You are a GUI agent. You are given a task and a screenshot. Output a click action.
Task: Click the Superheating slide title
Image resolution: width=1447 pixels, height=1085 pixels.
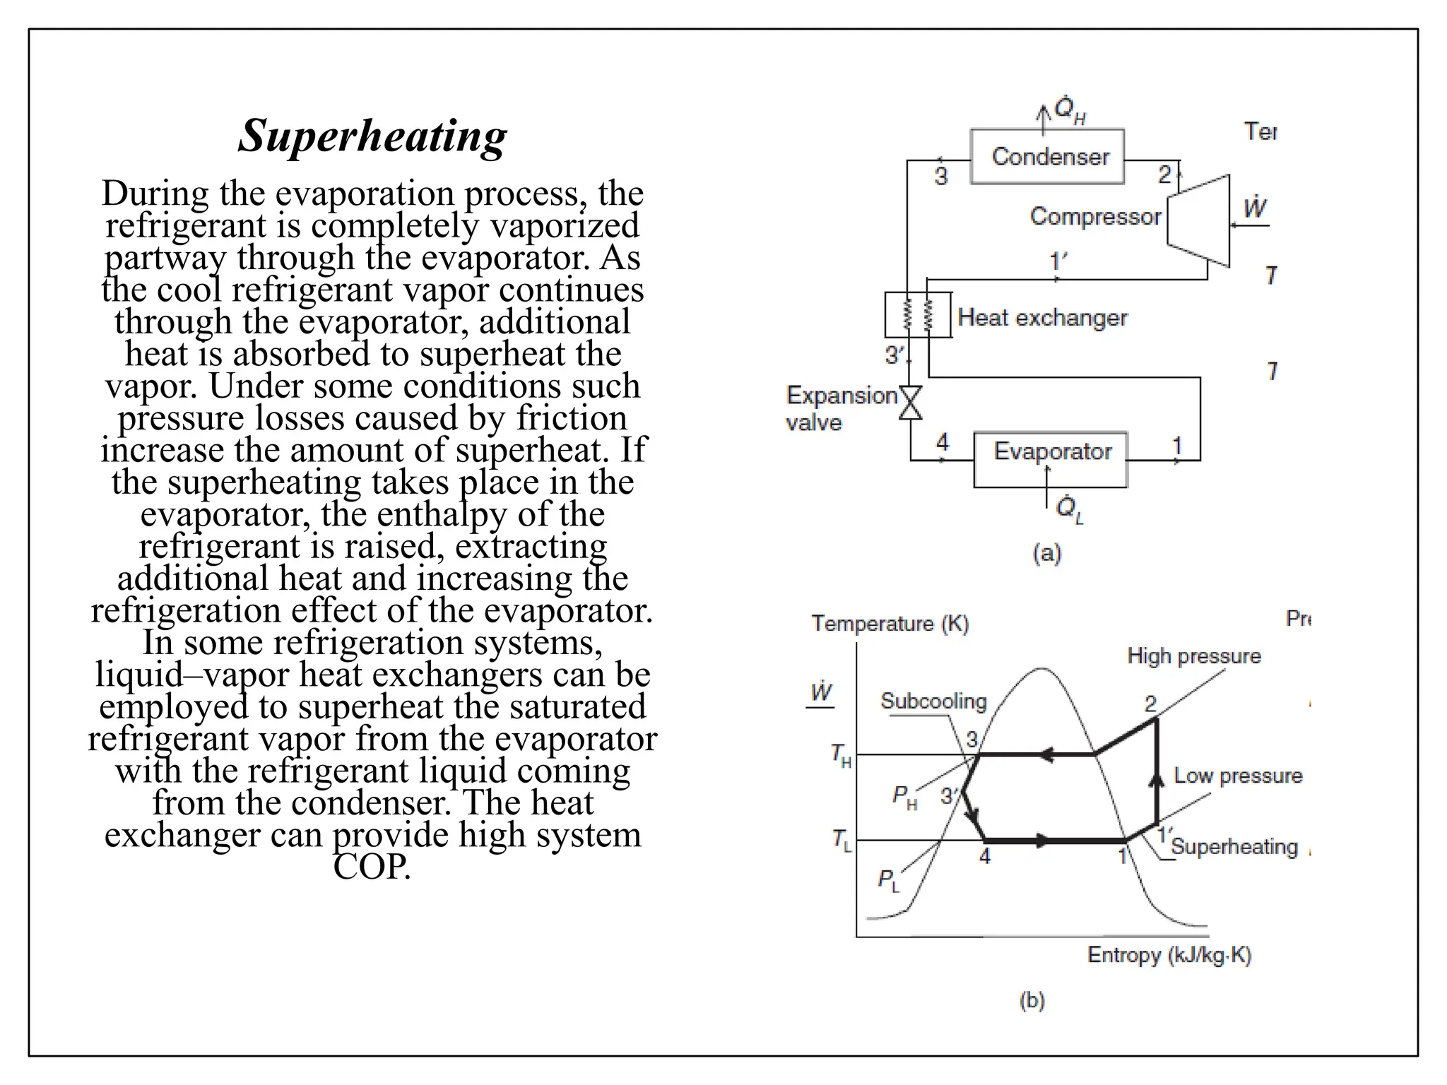point(372,136)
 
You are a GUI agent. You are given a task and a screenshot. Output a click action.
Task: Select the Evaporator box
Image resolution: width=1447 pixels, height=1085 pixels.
point(1051,451)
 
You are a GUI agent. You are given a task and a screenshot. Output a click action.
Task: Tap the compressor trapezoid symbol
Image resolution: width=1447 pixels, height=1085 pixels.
point(1199,220)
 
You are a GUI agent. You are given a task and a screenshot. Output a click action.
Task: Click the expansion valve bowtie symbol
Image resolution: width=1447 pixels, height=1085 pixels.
point(910,403)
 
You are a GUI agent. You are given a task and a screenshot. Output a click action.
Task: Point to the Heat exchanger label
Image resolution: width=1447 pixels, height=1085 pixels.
point(1042,318)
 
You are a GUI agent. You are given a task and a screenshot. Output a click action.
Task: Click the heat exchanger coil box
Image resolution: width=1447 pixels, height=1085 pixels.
point(918,315)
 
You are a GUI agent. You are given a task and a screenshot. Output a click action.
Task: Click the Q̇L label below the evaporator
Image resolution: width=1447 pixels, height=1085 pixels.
point(1068,509)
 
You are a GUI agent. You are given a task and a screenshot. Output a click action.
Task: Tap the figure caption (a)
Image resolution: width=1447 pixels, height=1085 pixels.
point(1046,552)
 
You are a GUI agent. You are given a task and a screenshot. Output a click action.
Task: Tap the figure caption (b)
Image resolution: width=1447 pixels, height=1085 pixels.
point(1032,1000)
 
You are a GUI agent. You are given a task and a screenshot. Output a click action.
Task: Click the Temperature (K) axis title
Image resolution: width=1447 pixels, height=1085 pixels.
point(890,624)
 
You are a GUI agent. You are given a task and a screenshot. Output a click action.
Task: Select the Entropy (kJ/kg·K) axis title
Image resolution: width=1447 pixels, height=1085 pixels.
point(1169,955)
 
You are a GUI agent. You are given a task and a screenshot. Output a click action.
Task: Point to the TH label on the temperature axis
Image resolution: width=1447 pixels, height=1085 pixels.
point(841,755)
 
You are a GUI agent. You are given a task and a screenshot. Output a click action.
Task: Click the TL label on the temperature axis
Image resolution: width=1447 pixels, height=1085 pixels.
point(841,841)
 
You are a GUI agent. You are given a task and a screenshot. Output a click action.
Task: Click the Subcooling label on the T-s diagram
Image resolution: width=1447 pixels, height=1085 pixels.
point(933,701)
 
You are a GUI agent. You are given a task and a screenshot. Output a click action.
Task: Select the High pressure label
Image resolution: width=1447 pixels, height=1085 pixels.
point(1193,656)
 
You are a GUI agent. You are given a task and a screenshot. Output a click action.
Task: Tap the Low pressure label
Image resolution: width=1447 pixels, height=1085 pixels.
point(1237,776)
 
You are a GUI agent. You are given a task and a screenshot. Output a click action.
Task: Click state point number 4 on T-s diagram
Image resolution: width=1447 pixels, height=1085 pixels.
point(985,856)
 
